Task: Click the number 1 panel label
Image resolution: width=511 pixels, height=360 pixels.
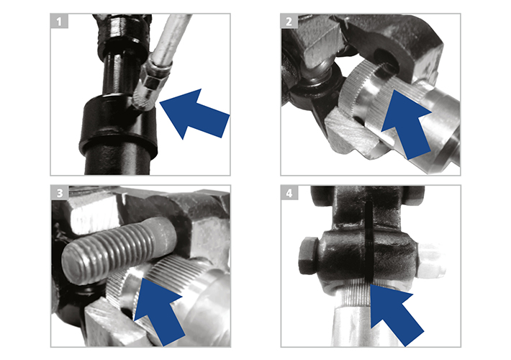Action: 59,21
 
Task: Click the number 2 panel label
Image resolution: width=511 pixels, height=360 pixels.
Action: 289,21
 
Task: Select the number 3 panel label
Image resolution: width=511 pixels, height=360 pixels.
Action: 60,193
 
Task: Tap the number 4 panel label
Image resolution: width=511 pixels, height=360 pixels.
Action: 289,193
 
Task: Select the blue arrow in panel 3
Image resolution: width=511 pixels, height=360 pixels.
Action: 159,310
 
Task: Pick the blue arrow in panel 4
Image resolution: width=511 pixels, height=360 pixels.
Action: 396,314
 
